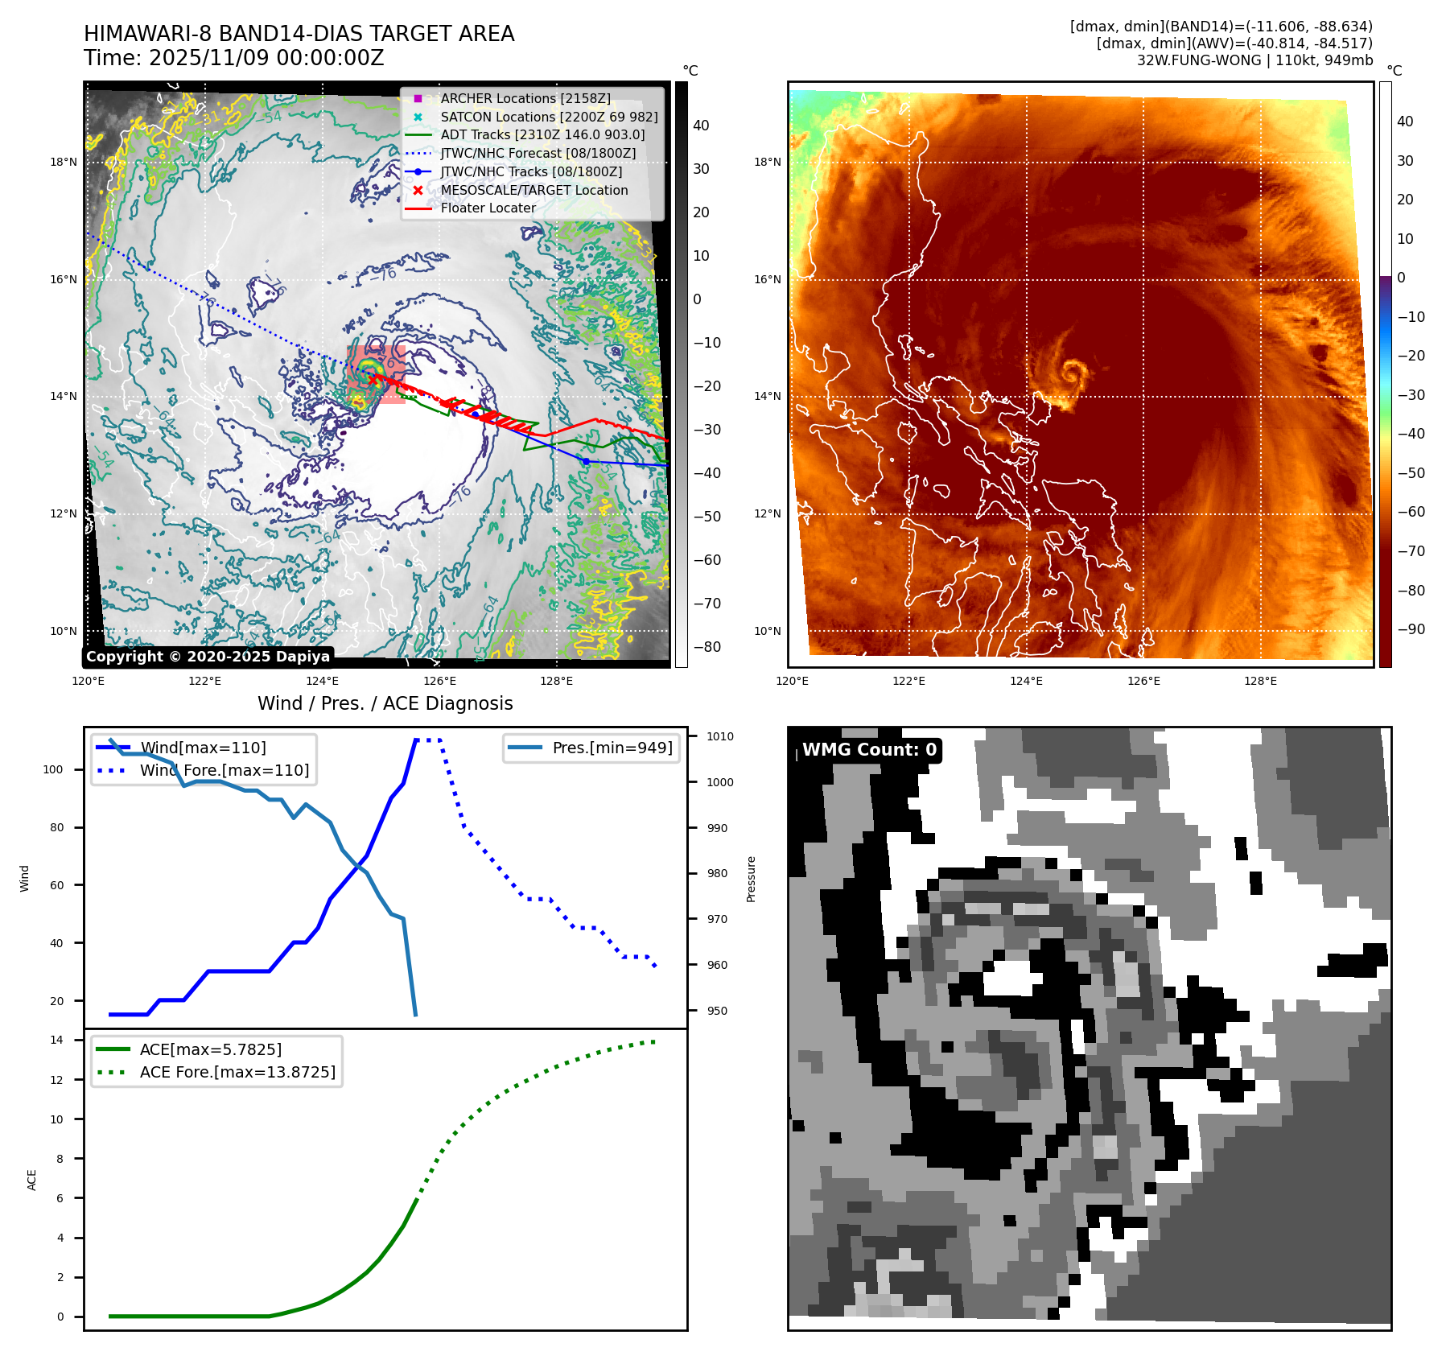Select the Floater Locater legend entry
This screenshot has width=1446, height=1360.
pyautogui.click(x=488, y=208)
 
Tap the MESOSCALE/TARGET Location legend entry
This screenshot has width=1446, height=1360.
pyautogui.click(x=533, y=190)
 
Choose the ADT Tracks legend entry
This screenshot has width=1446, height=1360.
pyautogui.click(x=542, y=134)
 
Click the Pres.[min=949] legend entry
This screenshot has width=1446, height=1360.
pyautogui.click(x=612, y=748)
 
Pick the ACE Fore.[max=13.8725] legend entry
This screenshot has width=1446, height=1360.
pyautogui.click(x=237, y=1072)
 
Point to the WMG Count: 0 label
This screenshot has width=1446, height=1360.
pyautogui.click(x=869, y=750)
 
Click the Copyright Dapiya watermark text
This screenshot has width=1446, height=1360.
pyautogui.click(x=208, y=657)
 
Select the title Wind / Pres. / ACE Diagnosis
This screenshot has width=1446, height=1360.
pyautogui.click(x=385, y=703)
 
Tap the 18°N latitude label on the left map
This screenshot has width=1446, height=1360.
pyautogui.click(x=64, y=162)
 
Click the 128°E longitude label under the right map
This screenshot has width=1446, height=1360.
pyautogui.click(x=1260, y=682)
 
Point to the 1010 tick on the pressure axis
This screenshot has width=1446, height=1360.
pyautogui.click(x=720, y=736)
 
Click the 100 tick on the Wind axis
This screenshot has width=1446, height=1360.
pyautogui.click(x=53, y=769)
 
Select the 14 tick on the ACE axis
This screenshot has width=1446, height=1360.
pyautogui.click(x=56, y=1040)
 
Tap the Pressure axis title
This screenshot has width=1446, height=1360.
pyautogui.click(x=751, y=879)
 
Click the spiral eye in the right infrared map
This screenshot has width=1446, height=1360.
pyautogui.click(x=1071, y=373)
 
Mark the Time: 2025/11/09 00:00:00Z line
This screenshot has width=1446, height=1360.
pyautogui.click(x=233, y=58)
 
